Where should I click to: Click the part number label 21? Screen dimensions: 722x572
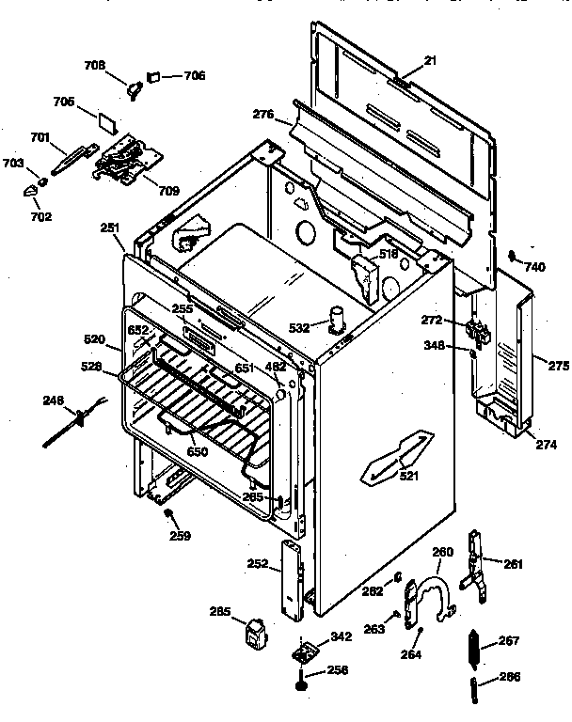[431, 60]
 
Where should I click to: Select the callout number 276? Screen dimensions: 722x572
[263, 116]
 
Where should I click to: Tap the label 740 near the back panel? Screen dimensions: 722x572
[534, 267]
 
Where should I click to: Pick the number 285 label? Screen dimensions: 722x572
[219, 613]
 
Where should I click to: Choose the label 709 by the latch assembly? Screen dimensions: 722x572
[168, 191]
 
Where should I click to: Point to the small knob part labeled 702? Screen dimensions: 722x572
[32, 192]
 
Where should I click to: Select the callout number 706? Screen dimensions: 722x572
[193, 76]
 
